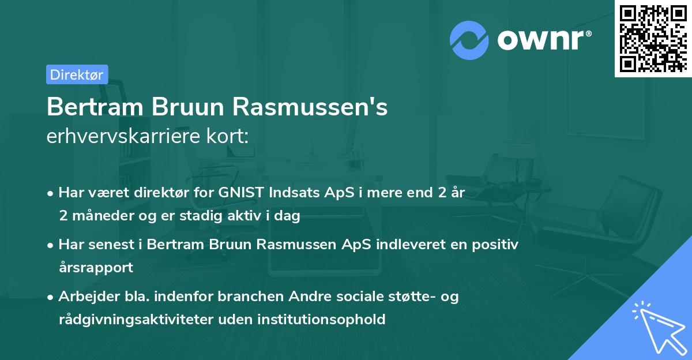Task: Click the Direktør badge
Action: click(77, 74)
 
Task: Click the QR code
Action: click(653, 38)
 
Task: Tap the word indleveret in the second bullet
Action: click(405, 245)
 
